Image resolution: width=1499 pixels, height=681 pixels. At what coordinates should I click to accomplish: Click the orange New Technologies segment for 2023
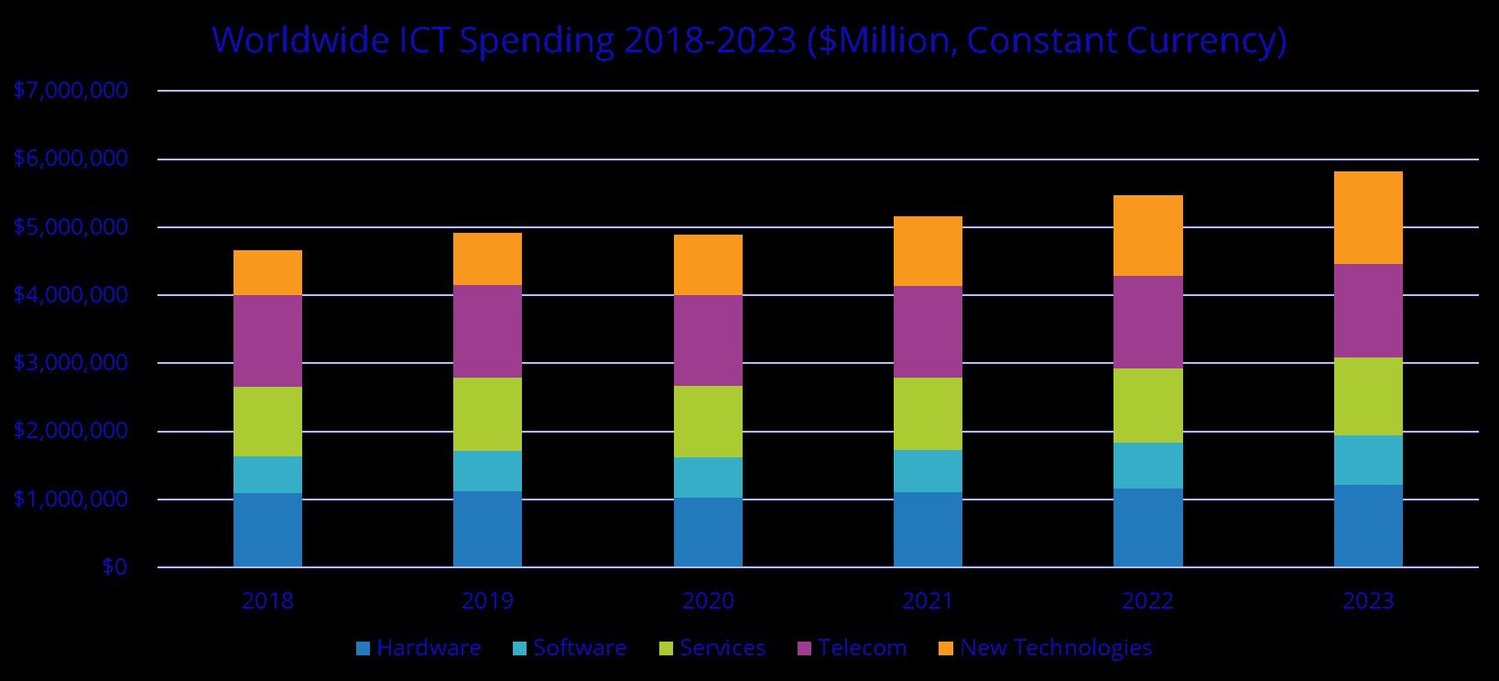coord(1367,218)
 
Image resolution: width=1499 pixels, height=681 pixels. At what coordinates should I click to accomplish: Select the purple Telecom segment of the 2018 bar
coord(267,341)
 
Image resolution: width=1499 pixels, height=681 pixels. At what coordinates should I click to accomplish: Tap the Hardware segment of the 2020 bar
coord(708,533)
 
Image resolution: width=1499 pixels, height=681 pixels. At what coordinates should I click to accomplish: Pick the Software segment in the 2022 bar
coord(1147,466)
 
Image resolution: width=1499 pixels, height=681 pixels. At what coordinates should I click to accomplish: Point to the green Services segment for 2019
coord(487,414)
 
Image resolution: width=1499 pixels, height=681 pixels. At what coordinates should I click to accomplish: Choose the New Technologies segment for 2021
coord(928,251)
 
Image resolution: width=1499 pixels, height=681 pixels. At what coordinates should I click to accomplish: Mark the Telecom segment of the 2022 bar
coord(1147,323)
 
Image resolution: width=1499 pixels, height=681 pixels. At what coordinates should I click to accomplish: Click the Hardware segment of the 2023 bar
coord(1367,526)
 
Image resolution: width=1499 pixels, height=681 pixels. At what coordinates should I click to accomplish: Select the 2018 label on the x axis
coord(267,601)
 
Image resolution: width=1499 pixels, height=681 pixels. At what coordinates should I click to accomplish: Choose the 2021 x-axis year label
coord(928,601)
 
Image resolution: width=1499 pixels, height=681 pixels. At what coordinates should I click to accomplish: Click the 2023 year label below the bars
coord(1367,601)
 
